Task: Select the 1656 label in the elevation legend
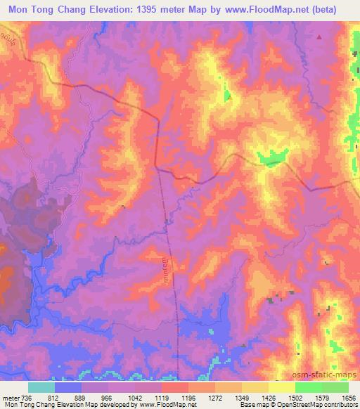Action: [348, 398]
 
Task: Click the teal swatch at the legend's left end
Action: [41, 387]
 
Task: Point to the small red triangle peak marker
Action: [319, 37]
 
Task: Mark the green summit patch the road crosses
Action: [271, 159]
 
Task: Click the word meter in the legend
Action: [8, 398]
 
